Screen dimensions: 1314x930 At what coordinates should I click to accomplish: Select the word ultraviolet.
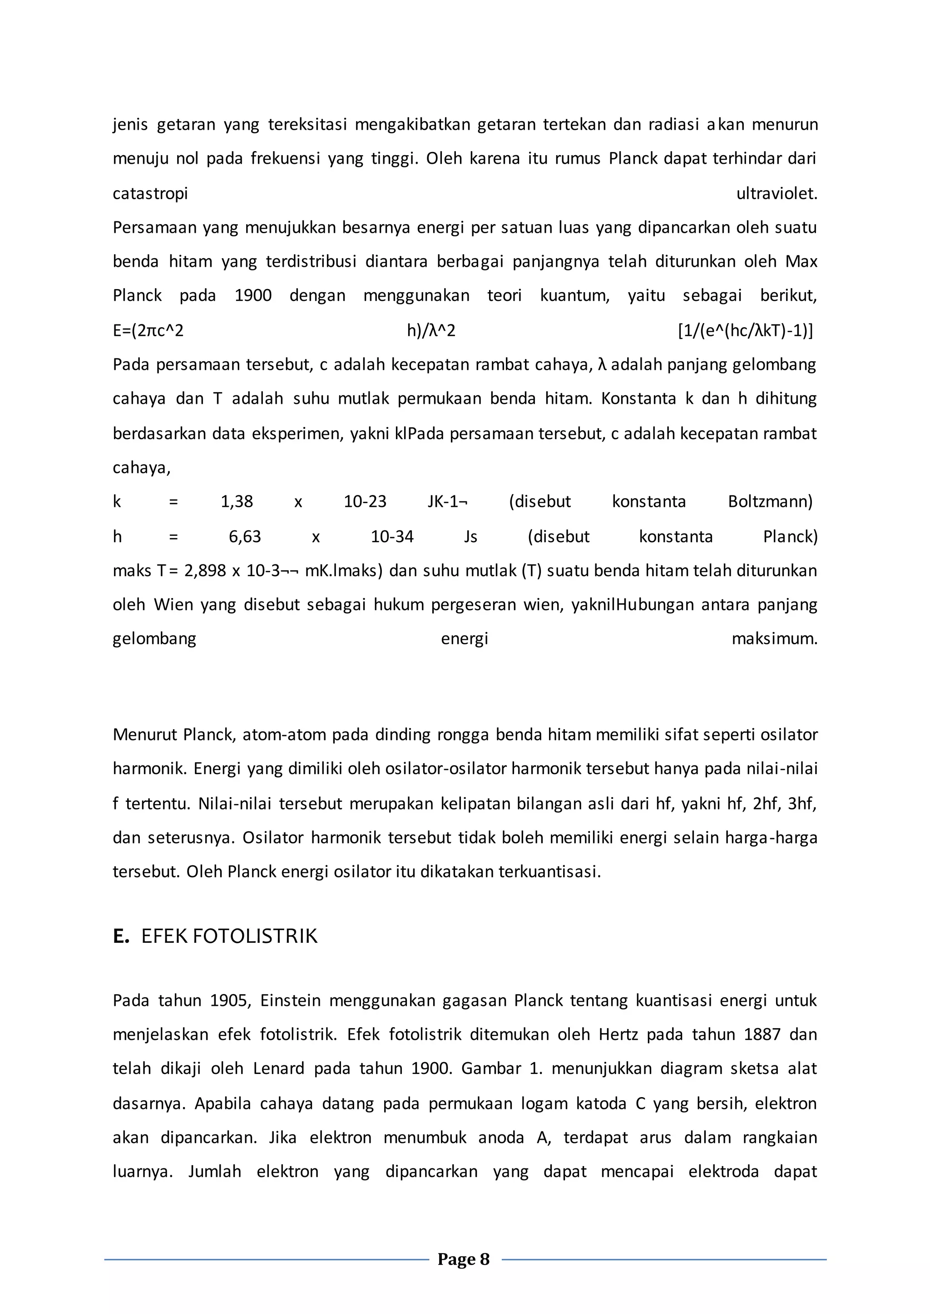point(777,193)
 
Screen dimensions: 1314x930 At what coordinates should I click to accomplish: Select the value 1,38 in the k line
point(237,502)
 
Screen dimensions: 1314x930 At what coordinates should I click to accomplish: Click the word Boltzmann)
point(770,502)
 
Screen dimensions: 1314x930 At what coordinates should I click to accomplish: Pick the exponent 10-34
point(392,537)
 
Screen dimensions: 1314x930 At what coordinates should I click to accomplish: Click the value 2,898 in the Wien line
point(205,571)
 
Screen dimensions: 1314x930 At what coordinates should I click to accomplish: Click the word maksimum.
point(774,639)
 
